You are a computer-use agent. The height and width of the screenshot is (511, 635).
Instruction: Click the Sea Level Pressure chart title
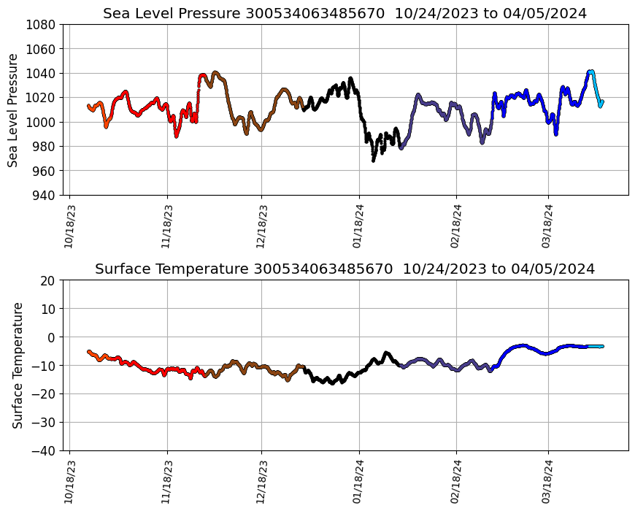tap(345, 13)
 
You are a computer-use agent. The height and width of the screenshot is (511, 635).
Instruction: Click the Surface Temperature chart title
tap(345, 269)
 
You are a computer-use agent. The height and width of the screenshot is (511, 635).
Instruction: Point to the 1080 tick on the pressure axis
tap(41, 24)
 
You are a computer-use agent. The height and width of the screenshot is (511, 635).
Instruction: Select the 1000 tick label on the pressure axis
tap(41, 122)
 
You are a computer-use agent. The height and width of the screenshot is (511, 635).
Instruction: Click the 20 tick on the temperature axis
tap(48, 280)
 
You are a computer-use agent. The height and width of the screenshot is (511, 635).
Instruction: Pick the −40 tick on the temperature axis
tap(44, 450)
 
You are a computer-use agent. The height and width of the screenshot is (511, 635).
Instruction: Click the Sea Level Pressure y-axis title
tap(13, 109)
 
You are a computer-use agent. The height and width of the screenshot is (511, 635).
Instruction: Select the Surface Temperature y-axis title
tap(18, 365)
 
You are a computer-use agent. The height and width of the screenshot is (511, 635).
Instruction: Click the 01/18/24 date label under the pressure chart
tap(359, 226)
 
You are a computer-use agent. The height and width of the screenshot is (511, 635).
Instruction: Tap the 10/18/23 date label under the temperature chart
tap(69, 482)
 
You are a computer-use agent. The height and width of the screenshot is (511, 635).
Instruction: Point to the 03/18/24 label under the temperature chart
tap(548, 482)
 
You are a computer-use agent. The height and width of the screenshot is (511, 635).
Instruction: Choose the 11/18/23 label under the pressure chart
tap(167, 226)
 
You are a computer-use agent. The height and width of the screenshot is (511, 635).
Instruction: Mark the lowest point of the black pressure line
tap(374, 160)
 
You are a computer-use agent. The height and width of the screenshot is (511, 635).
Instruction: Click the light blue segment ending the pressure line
tap(597, 91)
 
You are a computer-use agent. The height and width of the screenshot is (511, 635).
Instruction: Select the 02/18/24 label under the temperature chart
tap(456, 482)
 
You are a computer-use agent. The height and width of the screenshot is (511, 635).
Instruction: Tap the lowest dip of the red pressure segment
tap(176, 136)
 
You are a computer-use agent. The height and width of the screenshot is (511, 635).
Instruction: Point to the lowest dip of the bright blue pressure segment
tap(556, 134)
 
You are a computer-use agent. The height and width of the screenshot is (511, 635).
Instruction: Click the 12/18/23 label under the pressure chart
tap(262, 226)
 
